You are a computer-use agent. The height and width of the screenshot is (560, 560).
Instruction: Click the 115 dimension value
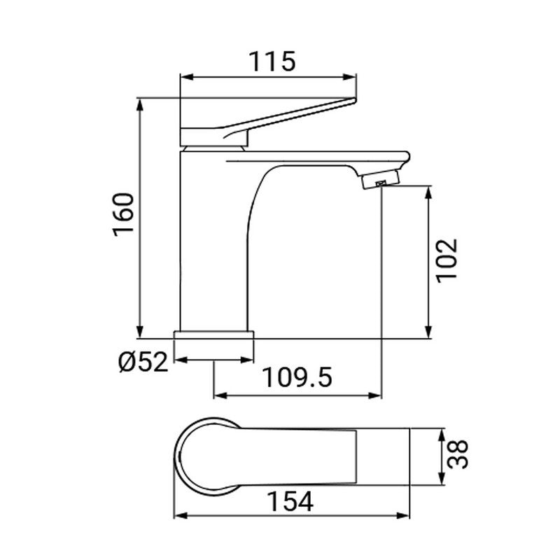pyautogui.click(x=270, y=62)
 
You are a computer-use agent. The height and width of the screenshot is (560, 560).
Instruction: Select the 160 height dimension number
pyautogui.click(x=123, y=215)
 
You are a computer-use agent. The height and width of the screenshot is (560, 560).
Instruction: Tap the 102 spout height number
pyautogui.click(x=446, y=260)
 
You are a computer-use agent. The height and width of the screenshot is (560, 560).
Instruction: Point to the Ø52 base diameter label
pyautogui.click(x=143, y=362)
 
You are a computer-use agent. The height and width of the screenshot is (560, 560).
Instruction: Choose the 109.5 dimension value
pyautogui.click(x=297, y=379)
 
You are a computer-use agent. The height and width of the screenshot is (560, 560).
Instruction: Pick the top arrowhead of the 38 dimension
pyautogui.click(x=442, y=434)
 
